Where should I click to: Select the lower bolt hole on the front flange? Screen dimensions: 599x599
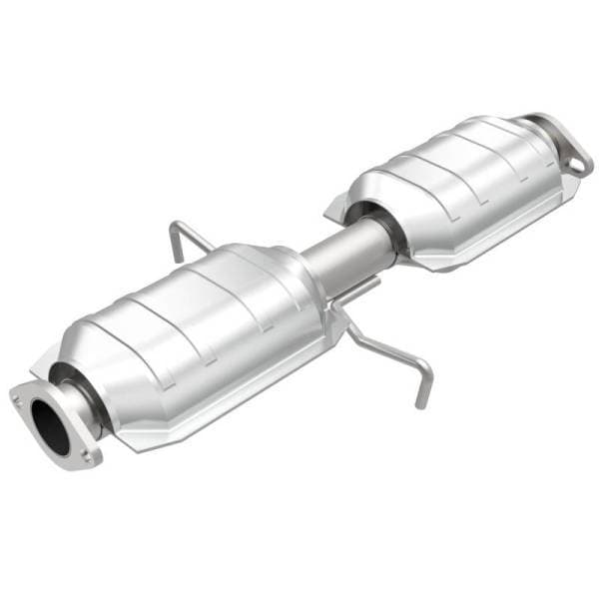coord(89,456)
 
